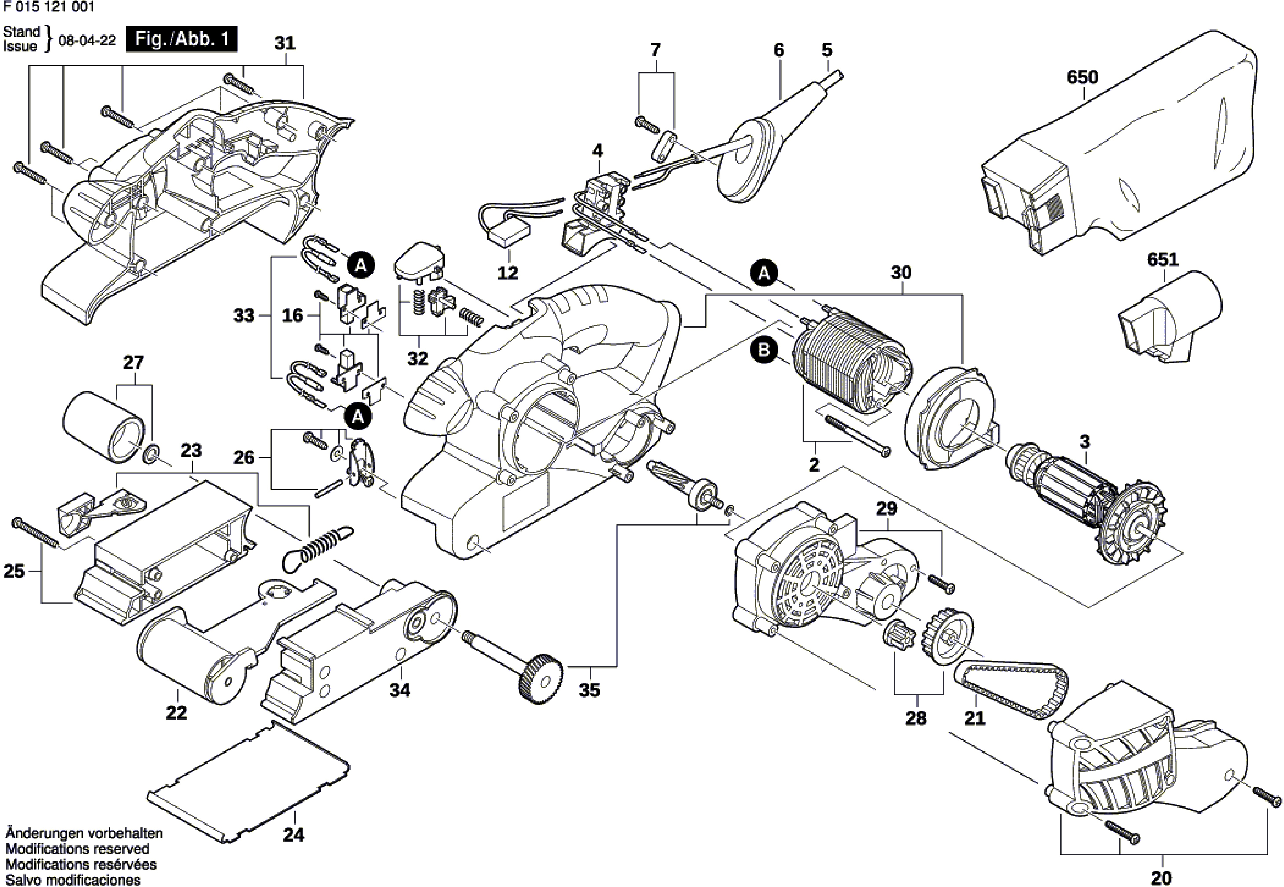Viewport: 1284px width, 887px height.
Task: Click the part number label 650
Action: coord(1082,77)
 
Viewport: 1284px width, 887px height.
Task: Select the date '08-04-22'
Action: coord(87,41)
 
